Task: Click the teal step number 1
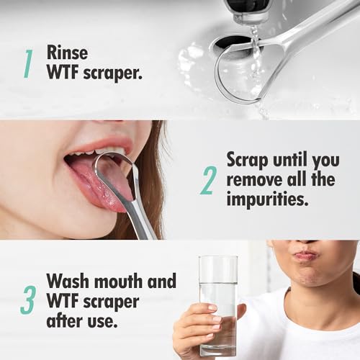pyautogui.click(x=28, y=63)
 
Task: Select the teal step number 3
pyautogui.click(x=28, y=300)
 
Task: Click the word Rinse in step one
pyautogui.click(x=67, y=53)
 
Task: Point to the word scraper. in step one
pyautogui.click(x=113, y=73)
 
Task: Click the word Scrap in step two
pyautogui.click(x=248, y=160)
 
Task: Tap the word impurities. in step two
pyautogui.click(x=267, y=199)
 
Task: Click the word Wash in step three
pyautogui.click(x=68, y=281)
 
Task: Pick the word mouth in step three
pyautogui.click(x=118, y=281)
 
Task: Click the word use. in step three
pyautogui.click(x=102, y=322)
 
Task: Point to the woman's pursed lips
pyautogui.click(x=305, y=256)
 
